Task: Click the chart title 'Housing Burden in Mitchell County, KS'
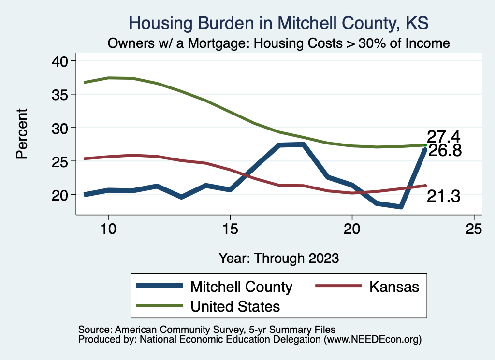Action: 278,23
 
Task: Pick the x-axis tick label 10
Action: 108,229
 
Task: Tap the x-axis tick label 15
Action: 230,229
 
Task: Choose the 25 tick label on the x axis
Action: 474,229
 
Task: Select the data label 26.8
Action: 445,151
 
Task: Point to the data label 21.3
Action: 443,196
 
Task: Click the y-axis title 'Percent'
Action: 21,134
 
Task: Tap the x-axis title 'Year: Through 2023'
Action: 278,258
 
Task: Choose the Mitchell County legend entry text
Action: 242,287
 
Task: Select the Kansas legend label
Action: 394,287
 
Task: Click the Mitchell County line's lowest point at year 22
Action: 401,207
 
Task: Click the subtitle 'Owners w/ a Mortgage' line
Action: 278,43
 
